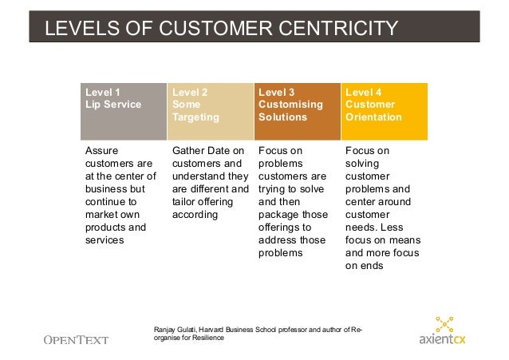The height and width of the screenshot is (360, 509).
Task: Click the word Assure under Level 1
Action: pyautogui.click(x=101, y=150)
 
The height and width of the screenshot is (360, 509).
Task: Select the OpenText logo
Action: pyautogui.click(x=75, y=339)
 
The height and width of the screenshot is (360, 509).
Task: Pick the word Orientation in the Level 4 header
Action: pyautogui.click(x=373, y=117)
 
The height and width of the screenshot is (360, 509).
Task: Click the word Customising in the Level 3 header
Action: pyautogui.click(x=290, y=105)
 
